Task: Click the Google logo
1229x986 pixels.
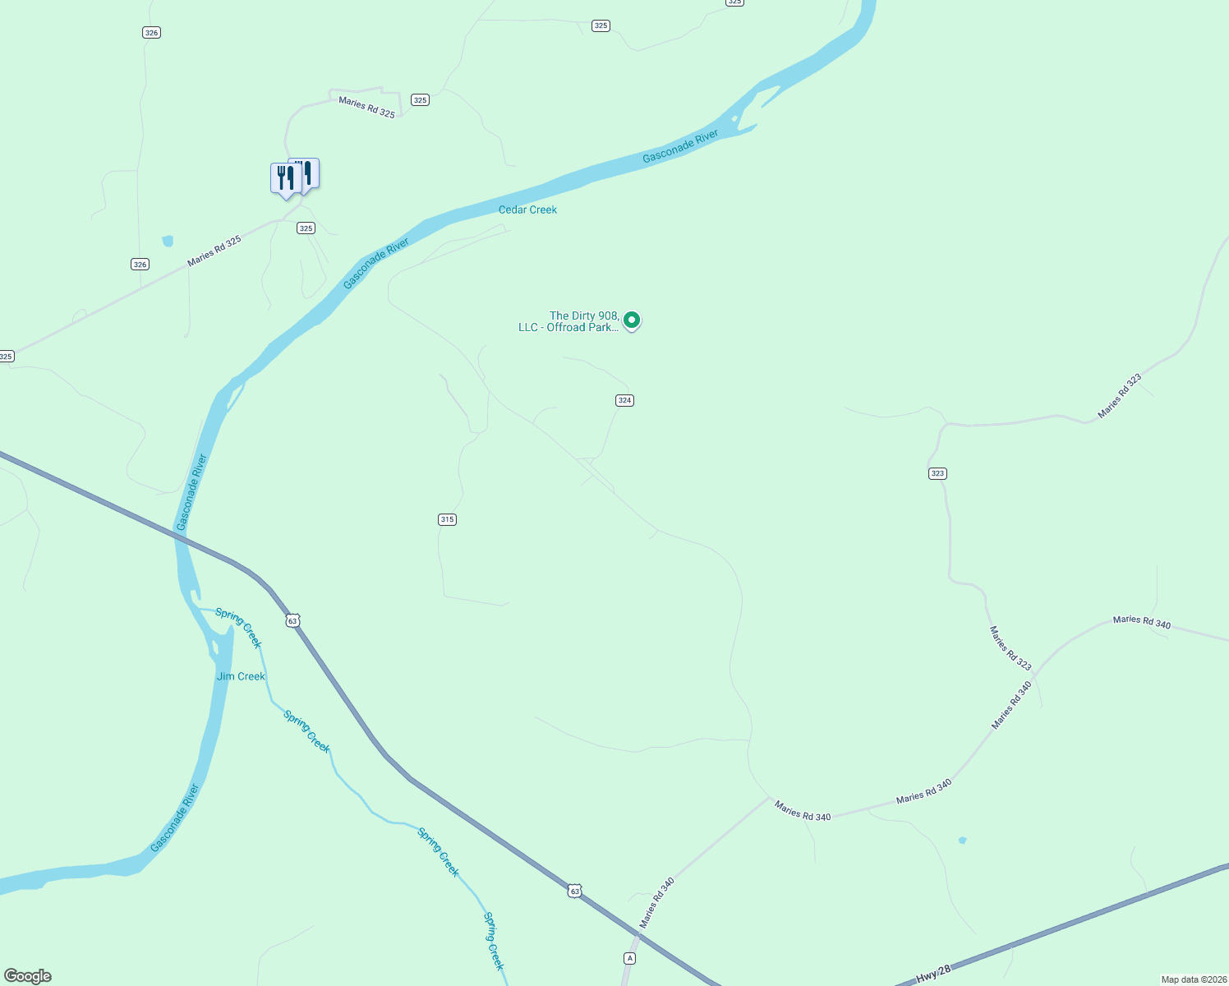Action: tap(28, 976)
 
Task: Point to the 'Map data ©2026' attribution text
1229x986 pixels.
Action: tap(1193, 979)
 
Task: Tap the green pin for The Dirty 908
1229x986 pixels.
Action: tap(632, 320)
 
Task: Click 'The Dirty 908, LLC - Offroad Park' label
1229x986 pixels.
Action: tap(568, 321)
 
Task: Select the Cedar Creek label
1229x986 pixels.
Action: tap(527, 210)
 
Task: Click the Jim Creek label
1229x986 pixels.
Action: tap(241, 676)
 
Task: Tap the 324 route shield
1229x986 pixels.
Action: tap(624, 400)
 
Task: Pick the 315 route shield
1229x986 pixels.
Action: tap(447, 519)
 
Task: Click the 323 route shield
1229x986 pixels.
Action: tap(937, 473)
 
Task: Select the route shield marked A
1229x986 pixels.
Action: tap(629, 958)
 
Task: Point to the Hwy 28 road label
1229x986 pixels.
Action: tap(933, 974)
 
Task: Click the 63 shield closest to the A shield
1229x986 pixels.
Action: tap(574, 891)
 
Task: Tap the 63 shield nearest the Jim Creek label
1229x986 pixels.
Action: tap(292, 620)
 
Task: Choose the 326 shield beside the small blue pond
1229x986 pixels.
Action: tap(140, 265)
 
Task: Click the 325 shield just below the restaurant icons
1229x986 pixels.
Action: tap(306, 228)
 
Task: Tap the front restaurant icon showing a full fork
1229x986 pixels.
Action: tap(284, 177)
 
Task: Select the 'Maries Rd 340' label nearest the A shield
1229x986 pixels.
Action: tap(657, 902)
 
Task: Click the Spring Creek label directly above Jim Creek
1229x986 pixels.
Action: tap(238, 627)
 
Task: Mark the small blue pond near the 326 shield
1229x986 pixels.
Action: tap(168, 241)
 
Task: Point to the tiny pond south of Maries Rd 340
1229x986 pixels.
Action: tap(962, 841)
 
